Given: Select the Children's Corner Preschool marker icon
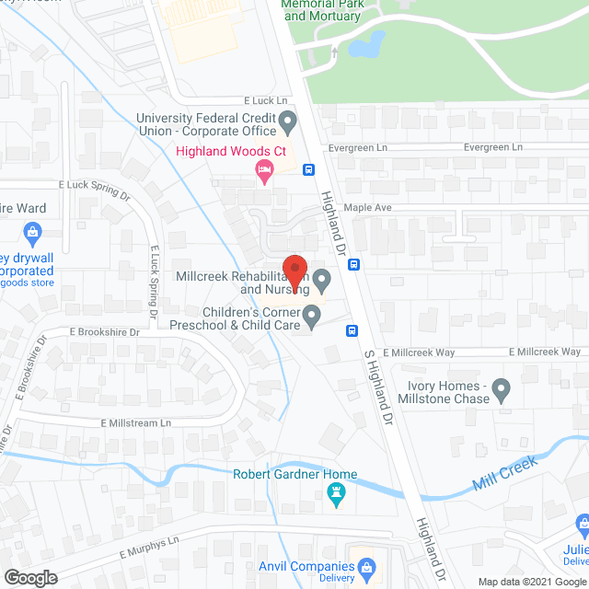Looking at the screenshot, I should pyautogui.click(x=312, y=318).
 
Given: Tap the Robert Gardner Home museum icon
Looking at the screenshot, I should pyautogui.click(x=336, y=496).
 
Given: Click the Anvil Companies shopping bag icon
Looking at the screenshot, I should pyautogui.click(x=367, y=568).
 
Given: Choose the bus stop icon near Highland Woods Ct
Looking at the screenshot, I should pyautogui.click(x=308, y=169).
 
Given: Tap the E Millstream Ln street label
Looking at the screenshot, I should pyautogui.click(x=137, y=422).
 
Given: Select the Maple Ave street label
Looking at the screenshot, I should pyautogui.click(x=368, y=208).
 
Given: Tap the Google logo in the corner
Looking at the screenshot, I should pyautogui.click(x=29, y=578).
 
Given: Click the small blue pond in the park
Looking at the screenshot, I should pyautogui.click(x=368, y=43).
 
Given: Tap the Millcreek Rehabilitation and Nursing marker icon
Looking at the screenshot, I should pyautogui.click(x=321, y=278).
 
